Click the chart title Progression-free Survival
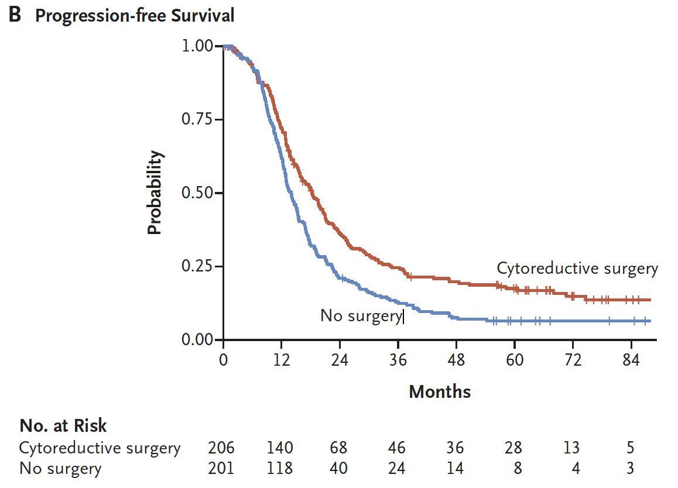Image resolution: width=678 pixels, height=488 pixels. pos(135,16)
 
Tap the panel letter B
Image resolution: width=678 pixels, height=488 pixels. pos(15,15)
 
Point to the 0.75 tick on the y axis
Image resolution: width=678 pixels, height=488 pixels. pos(198,119)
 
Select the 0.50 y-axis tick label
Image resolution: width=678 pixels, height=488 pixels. pos(198,193)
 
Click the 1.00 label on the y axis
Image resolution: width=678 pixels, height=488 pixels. pos(198,46)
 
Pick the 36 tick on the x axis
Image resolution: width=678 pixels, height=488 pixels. pos(398,360)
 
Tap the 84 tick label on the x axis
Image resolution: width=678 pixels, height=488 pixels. pos(631,360)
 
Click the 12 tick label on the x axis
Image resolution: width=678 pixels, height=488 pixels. pos(282,360)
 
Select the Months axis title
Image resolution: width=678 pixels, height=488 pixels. pos(439,391)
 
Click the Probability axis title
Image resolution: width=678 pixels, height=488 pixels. pos(154,193)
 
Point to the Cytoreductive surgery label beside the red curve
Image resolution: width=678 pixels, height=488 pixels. pos(577,269)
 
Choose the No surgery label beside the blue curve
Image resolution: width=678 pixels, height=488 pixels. pos(360,316)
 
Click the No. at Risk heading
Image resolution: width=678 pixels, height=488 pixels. pos(63,425)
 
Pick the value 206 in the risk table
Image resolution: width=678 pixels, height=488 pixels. pos(221,448)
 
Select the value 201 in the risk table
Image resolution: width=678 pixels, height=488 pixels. pos(221,468)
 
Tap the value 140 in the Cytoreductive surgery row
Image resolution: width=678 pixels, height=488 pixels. pos(279,448)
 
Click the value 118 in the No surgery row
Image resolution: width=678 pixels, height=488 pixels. pos(279,468)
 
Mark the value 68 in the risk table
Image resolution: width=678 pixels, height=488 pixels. pos(338,448)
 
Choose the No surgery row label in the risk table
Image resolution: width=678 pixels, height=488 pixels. pos(60,468)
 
